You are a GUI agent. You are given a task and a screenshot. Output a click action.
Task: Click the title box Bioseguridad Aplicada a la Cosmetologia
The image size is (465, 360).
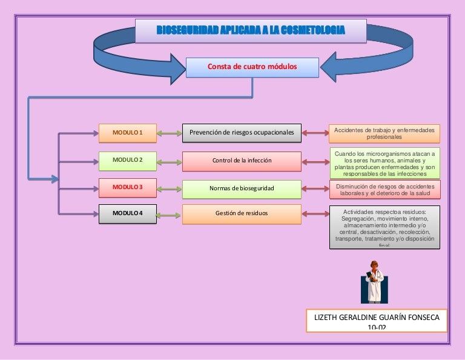click(251, 30)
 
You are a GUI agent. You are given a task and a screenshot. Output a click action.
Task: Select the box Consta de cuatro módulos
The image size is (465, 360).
click(252, 67)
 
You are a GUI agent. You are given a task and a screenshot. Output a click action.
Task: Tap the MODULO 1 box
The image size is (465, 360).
click(127, 132)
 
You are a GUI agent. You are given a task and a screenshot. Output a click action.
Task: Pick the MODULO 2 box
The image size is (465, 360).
click(127, 160)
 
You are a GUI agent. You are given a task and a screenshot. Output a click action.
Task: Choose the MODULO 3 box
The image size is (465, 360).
click(127, 187)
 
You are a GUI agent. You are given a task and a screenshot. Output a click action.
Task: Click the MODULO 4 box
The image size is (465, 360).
click(127, 213)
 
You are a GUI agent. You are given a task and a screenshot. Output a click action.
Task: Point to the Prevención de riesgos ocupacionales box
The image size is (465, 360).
click(242, 132)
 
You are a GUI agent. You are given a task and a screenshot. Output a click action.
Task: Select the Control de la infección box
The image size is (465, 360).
click(242, 161)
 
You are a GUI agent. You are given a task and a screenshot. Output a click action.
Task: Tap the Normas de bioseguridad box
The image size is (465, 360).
click(242, 188)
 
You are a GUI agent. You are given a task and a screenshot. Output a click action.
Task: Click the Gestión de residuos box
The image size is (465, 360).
click(242, 213)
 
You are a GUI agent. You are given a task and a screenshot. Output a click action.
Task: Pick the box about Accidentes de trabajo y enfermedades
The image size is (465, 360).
click(384, 133)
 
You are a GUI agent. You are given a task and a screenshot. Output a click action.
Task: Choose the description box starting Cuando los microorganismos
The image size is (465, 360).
click(384, 162)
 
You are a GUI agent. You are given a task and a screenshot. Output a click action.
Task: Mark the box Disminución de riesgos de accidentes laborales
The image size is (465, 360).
click(384, 190)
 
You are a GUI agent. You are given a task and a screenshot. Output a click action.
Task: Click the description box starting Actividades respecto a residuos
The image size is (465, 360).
click(384, 227)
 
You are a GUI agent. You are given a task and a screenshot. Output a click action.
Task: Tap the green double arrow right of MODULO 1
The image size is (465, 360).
click(169, 133)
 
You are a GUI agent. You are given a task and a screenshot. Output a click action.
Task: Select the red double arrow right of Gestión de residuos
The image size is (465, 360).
click(315, 213)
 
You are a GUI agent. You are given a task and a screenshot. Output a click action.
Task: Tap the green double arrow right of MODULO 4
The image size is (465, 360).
click(169, 213)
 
